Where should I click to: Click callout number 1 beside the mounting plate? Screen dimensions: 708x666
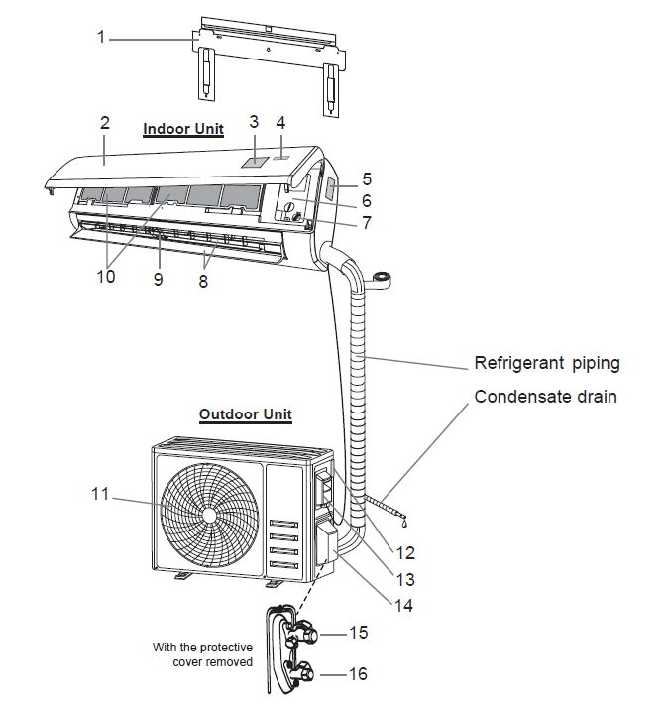tap(101, 37)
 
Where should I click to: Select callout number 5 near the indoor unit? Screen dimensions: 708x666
tap(367, 179)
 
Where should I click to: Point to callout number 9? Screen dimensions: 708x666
tap(158, 279)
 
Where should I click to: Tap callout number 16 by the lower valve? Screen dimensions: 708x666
tap(358, 674)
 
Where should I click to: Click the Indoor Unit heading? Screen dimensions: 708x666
tap(183, 129)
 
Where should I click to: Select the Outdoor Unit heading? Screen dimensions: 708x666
tap(246, 413)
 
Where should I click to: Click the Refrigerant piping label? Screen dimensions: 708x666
tap(547, 363)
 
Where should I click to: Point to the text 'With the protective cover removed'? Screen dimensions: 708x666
tap(202, 654)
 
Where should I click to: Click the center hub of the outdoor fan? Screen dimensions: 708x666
tap(209, 517)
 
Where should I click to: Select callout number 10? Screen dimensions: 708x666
tap(105, 277)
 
